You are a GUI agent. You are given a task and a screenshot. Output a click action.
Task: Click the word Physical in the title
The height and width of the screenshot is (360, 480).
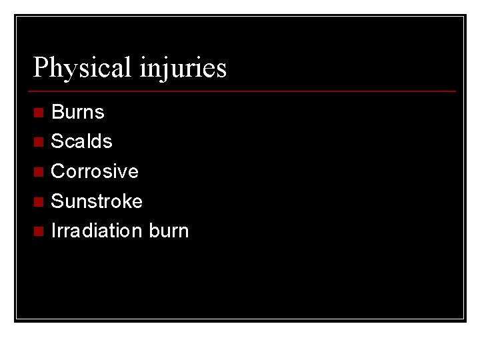(83, 67)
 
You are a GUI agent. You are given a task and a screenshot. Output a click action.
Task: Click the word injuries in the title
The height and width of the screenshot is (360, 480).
(183, 67)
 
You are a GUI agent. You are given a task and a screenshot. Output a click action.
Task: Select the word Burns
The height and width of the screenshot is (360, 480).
(78, 111)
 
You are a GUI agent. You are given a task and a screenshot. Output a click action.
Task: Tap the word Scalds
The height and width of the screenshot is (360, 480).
(81, 141)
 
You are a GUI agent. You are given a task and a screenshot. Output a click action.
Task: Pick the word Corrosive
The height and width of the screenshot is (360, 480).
(95, 171)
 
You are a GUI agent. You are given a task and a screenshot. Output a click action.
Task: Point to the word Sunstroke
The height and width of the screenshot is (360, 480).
(97, 201)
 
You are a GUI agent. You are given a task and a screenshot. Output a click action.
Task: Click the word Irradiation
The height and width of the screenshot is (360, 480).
(97, 231)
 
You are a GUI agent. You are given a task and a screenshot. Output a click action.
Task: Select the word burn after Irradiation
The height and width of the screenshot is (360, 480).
(169, 231)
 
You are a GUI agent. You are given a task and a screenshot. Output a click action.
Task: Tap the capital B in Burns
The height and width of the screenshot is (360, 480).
(57, 111)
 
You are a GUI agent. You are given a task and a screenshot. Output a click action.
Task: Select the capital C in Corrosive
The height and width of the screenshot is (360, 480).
(57, 171)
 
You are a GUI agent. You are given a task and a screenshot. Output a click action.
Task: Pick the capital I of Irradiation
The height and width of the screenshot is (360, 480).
(53, 231)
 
